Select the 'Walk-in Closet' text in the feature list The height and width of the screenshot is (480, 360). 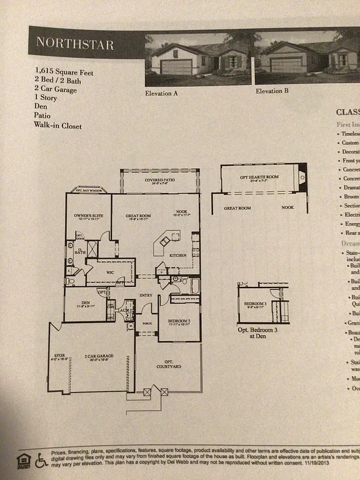click(x=57, y=126)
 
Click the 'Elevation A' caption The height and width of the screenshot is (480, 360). click(x=162, y=91)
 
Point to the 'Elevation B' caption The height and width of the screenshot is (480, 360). click(x=272, y=91)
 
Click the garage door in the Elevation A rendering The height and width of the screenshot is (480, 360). click(x=176, y=66)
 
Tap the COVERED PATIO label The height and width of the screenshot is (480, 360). click(x=159, y=181)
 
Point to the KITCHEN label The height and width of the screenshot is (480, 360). click(x=179, y=255)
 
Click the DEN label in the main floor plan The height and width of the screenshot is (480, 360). click(x=86, y=302)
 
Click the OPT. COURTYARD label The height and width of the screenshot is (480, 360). click(x=168, y=364)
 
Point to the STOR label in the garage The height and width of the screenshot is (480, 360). click(x=59, y=356)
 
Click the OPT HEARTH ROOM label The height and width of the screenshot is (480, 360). click(x=259, y=177)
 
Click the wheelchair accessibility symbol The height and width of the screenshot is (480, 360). click(x=41, y=461)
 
